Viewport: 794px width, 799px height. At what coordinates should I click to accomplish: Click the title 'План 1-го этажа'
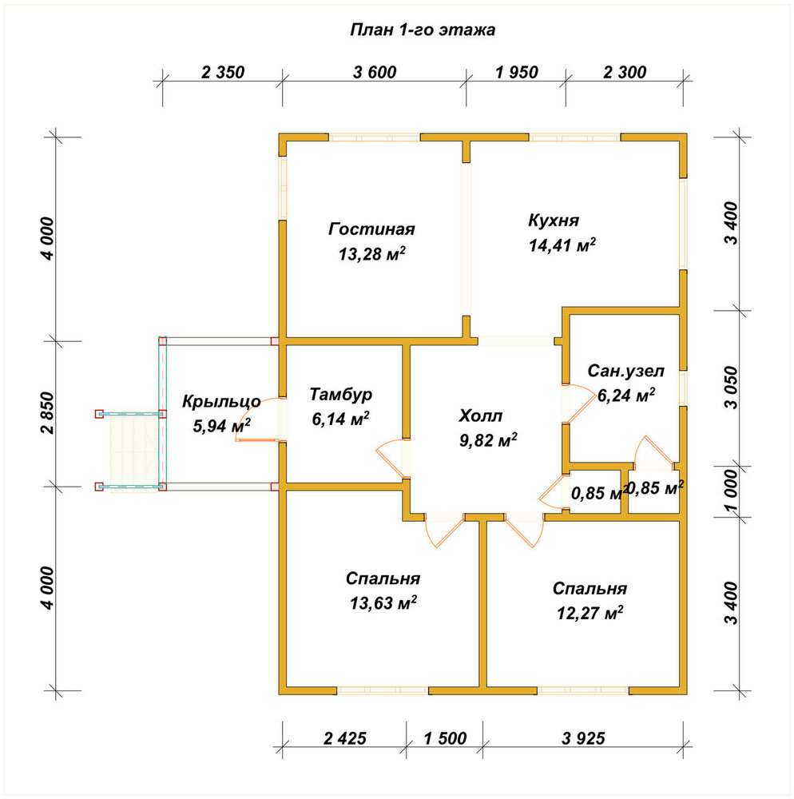(x=423, y=30)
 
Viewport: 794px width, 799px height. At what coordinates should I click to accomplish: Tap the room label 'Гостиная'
(x=371, y=229)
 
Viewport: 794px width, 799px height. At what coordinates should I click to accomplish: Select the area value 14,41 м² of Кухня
(x=562, y=245)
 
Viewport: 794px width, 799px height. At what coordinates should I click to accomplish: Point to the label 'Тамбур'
(x=341, y=395)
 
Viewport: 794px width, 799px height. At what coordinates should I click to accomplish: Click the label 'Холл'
(x=480, y=415)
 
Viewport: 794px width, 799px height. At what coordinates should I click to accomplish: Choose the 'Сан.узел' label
(x=626, y=371)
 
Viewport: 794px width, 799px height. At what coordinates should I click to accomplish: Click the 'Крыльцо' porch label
(x=221, y=402)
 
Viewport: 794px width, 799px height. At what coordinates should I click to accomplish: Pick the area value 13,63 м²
(x=383, y=602)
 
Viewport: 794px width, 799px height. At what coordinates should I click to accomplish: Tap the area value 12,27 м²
(x=590, y=613)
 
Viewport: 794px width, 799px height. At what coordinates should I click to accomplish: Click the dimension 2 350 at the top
(x=223, y=73)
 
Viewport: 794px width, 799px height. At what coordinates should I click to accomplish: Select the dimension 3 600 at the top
(x=375, y=73)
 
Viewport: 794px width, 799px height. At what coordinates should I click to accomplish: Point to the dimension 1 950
(x=517, y=73)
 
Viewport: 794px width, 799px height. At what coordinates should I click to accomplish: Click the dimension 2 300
(x=625, y=73)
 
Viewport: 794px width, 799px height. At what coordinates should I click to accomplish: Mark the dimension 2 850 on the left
(x=47, y=413)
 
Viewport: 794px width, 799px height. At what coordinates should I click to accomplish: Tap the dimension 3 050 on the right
(x=732, y=388)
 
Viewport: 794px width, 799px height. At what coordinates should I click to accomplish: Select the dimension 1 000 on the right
(x=732, y=491)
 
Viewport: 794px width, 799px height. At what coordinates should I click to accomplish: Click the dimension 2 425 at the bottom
(x=345, y=737)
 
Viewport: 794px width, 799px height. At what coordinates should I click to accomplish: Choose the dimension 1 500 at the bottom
(x=445, y=737)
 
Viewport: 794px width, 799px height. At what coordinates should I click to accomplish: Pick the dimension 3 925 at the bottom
(x=583, y=737)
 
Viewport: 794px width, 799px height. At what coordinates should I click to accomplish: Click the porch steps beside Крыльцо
(x=133, y=451)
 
